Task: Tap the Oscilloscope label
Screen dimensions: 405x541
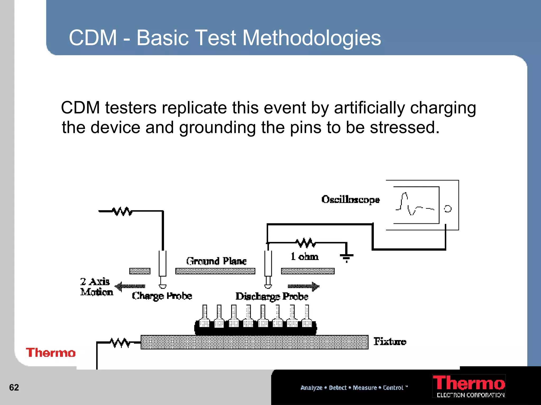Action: coord(350,199)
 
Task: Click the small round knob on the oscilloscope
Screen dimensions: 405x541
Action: coord(448,209)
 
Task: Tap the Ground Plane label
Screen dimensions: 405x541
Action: coord(216,261)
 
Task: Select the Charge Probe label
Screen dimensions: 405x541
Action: coord(162,296)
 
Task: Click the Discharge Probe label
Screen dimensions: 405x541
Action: coord(272,296)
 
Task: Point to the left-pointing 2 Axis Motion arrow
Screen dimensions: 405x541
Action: coord(130,286)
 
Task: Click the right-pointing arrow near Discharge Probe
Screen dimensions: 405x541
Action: coord(304,286)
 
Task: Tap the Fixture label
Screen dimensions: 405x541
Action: coord(390,341)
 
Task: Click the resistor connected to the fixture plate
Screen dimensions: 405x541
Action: coord(120,343)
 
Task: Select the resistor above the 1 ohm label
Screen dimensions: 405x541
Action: coord(305,243)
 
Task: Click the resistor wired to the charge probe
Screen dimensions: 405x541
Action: coord(122,211)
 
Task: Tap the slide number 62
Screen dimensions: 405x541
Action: coord(14,387)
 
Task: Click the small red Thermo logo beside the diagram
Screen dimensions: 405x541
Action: coord(51,353)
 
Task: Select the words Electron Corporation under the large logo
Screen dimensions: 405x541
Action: coord(470,395)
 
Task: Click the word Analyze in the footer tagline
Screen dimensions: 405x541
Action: coord(311,388)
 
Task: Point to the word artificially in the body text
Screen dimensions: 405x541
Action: coord(369,108)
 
